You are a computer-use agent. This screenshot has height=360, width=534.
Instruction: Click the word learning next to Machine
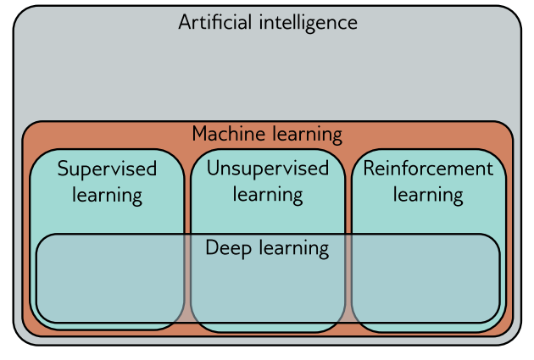click(x=305, y=135)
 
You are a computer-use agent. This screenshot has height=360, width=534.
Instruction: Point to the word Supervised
click(x=107, y=169)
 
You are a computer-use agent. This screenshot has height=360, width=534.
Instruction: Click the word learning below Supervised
click(x=107, y=196)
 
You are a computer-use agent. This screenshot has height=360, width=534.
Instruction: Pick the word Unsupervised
click(x=268, y=168)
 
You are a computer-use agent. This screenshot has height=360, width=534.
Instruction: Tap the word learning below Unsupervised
click(x=268, y=196)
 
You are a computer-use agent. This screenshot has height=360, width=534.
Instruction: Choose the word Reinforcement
click(x=428, y=168)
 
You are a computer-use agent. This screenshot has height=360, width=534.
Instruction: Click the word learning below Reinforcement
click(x=428, y=196)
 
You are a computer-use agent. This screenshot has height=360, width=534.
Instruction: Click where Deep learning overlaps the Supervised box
click(x=110, y=284)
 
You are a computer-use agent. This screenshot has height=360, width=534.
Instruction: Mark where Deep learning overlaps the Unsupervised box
click(x=268, y=288)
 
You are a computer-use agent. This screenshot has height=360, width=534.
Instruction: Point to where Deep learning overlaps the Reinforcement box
click(x=424, y=284)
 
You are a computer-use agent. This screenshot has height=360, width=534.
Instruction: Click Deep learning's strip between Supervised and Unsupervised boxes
click(x=187, y=280)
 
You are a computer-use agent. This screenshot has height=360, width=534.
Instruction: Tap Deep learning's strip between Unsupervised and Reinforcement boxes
click(x=348, y=280)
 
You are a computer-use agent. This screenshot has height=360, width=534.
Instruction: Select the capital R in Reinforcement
click(x=369, y=168)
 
